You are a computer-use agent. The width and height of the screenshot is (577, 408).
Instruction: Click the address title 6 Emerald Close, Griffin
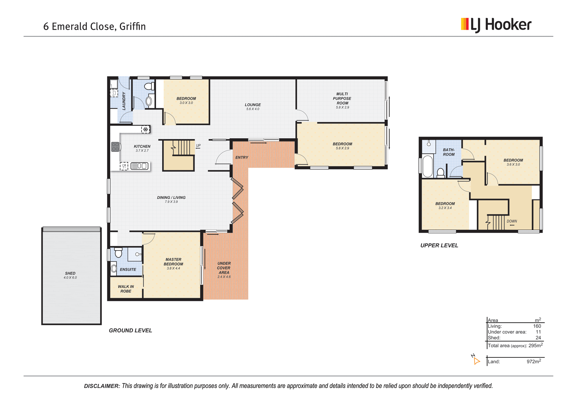(x=94, y=26)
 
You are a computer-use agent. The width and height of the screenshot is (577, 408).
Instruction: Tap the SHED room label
(x=70, y=273)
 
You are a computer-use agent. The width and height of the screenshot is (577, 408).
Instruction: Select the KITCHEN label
(x=142, y=147)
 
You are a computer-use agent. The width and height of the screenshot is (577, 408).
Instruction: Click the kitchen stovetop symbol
(x=115, y=147)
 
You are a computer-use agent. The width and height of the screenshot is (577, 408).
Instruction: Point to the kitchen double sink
(x=139, y=166)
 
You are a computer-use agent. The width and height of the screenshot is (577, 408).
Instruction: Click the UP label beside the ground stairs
(x=198, y=146)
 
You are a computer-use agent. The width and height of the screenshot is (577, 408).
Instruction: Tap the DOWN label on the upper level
(x=512, y=221)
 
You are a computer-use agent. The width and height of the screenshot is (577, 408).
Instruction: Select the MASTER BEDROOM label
(x=173, y=262)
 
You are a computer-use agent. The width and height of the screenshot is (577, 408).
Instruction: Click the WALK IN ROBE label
(x=126, y=289)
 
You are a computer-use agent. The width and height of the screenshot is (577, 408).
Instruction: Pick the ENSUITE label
(x=128, y=270)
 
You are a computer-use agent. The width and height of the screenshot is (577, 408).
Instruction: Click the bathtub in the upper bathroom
(x=428, y=166)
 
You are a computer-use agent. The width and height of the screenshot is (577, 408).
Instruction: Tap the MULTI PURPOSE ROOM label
(x=342, y=98)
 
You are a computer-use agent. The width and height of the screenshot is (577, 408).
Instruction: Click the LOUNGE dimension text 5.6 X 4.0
(x=253, y=109)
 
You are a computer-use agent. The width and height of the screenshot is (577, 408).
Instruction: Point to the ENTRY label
(x=242, y=157)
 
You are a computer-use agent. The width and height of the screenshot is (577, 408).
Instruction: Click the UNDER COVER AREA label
(x=224, y=268)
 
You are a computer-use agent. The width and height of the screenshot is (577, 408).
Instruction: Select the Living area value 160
(x=537, y=326)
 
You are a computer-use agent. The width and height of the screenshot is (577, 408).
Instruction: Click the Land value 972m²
(x=534, y=361)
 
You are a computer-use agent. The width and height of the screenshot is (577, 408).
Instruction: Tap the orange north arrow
(x=476, y=361)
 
